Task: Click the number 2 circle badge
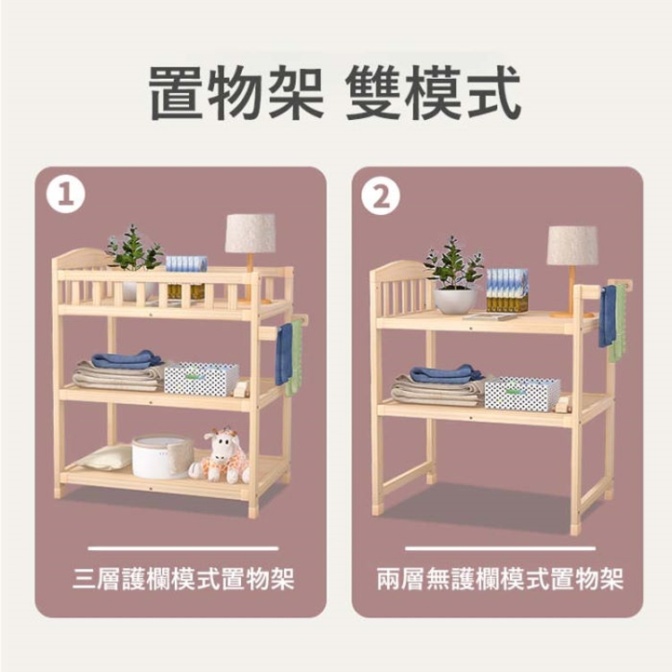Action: (x=381, y=197)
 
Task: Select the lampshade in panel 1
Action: (x=250, y=233)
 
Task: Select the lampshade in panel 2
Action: (x=573, y=246)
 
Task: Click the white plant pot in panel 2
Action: (x=455, y=300)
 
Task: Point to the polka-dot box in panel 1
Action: (x=202, y=378)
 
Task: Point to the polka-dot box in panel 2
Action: (x=522, y=394)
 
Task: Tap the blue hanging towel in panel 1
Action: (x=284, y=354)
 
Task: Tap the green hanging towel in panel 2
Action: (x=618, y=323)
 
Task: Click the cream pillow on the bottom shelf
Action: (x=106, y=458)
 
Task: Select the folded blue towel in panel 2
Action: (x=445, y=375)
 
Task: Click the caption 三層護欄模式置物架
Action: (x=184, y=579)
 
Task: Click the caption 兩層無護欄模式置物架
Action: (x=500, y=579)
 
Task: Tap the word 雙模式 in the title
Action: (x=433, y=92)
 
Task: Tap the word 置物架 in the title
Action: (x=237, y=92)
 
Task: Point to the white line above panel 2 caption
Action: (x=500, y=548)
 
